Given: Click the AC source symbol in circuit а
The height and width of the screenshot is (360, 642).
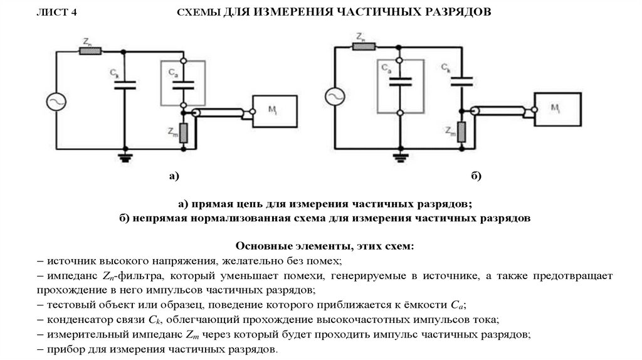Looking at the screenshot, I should click(56, 100).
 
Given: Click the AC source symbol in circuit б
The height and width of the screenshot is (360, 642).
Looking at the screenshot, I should click(333, 96).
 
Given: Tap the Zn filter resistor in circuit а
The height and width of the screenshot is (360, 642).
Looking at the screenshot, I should click(89, 51).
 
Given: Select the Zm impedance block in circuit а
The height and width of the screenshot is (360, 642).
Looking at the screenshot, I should click(182, 132).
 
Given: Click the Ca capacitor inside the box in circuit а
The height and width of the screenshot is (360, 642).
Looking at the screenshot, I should click(182, 83).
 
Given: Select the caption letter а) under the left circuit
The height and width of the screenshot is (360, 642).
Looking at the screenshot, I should click(174, 177).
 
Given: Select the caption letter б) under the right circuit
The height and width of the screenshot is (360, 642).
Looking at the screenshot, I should click(476, 177).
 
